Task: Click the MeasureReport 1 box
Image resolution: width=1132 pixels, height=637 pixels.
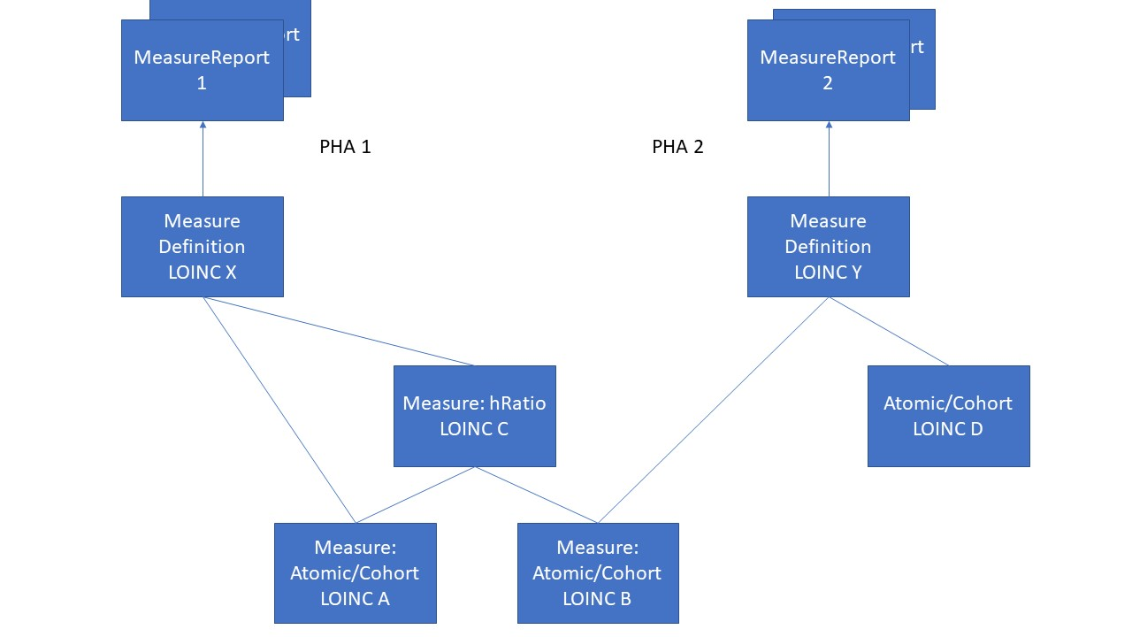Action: pyautogui.click(x=202, y=71)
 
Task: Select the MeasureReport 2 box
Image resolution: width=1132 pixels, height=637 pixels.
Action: pyautogui.click(x=828, y=71)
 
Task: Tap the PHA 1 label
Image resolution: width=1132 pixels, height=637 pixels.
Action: pyautogui.click(x=345, y=147)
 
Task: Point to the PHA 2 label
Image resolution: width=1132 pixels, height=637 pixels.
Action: pyautogui.click(x=677, y=147)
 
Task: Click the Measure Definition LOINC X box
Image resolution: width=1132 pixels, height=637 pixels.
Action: pyautogui.click(x=202, y=246)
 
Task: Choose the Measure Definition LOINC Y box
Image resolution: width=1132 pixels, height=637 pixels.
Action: pyautogui.click(x=828, y=246)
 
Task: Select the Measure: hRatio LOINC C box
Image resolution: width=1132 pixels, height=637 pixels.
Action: pyautogui.click(x=474, y=416)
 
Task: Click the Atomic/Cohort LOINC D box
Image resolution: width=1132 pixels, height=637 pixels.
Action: pyautogui.click(x=948, y=416)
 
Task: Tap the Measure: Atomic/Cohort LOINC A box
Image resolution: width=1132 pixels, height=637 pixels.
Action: pyautogui.click(x=355, y=573)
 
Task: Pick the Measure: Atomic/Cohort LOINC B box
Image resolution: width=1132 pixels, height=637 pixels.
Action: pyautogui.click(x=598, y=573)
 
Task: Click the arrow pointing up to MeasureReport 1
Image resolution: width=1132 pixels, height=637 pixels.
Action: pyautogui.click(x=203, y=159)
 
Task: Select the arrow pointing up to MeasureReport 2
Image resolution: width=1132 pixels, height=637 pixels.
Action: pyautogui.click(x=829, y=159)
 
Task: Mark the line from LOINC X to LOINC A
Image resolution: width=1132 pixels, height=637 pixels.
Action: pyautogui.click(x=279, y=410)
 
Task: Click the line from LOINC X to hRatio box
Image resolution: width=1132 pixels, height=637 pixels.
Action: pyautogui.click(x=339, y=331)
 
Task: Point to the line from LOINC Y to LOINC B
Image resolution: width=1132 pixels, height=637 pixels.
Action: pyautogui.click(x=714, y=410)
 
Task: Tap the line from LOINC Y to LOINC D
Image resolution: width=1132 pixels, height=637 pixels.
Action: pyautogui.click(x=889, y=331)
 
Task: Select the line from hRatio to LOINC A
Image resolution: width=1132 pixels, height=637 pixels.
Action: pyautogui.click(x=415, y=495)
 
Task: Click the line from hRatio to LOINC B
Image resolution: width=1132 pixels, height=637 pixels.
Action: pyautogui.click(x=537, y=495)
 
